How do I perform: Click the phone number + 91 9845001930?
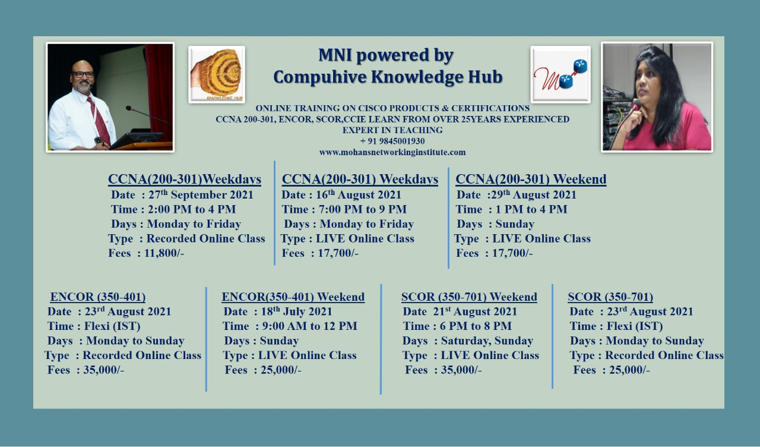click(392, 141)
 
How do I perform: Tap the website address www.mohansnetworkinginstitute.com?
click(392, 152)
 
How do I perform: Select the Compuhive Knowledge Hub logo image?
click(217, 75)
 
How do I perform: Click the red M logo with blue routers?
click(560, 75)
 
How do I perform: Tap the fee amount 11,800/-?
click(164, 253)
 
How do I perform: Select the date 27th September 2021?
click(201, 194)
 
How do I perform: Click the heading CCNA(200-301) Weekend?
click(531, 179)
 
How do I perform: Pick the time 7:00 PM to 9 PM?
click(362, 209)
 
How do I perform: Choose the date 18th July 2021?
click(296, 311)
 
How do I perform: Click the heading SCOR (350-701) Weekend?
click(469, 297)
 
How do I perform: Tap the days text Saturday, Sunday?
click(487, 341)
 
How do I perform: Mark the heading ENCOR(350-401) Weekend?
click(293, 297)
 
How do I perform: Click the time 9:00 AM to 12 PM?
click(309, 326)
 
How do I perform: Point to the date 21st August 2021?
click(475, 311)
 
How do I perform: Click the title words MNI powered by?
click(386, 55)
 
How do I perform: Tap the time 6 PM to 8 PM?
click(476, 326)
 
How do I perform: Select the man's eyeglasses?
click(83, 74)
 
